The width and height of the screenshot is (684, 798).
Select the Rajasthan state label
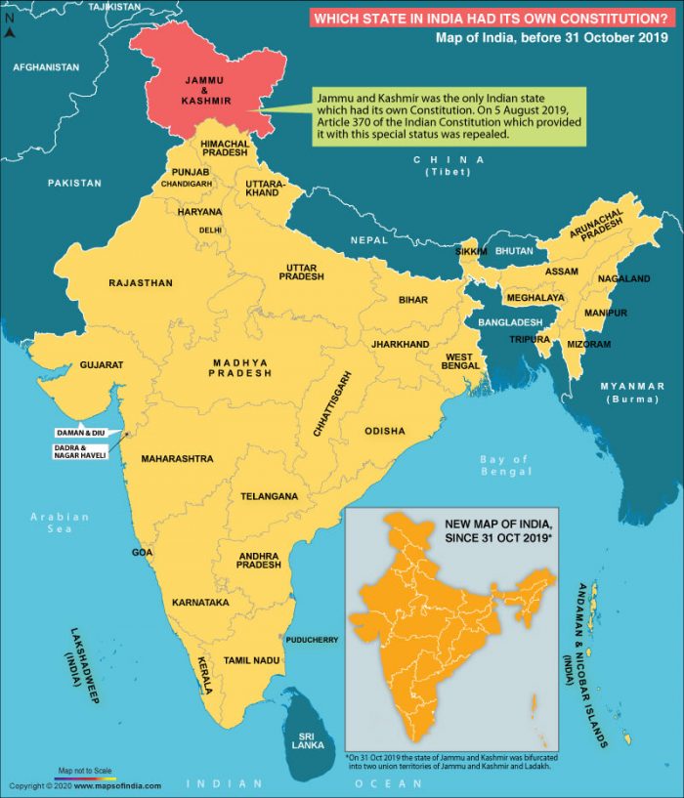141,283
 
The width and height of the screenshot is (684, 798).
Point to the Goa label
143,553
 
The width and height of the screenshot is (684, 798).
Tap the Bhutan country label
515,251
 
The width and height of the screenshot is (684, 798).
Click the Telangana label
269,496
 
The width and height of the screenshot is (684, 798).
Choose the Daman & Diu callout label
80,432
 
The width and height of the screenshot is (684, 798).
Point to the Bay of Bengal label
504,466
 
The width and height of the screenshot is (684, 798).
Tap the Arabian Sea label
60,523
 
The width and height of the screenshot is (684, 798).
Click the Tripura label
529,339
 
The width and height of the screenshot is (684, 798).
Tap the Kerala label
205,674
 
